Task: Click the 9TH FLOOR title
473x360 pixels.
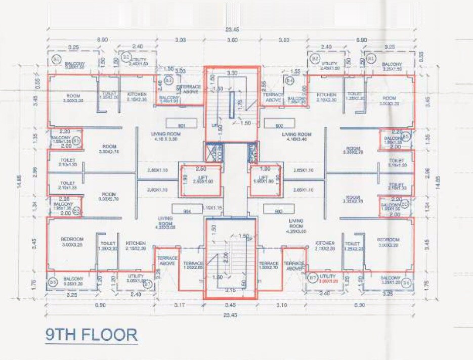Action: [92, 334]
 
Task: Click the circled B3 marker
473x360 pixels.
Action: [169, 80]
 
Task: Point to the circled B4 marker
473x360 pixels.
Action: [289, 80]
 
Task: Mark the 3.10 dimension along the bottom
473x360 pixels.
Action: [282, 305]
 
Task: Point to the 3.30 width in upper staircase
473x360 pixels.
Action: [232, 73]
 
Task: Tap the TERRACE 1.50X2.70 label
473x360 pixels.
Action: [268, 266]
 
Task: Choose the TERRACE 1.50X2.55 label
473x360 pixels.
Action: [193, 266]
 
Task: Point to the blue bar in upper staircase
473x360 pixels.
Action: [231, 105]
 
